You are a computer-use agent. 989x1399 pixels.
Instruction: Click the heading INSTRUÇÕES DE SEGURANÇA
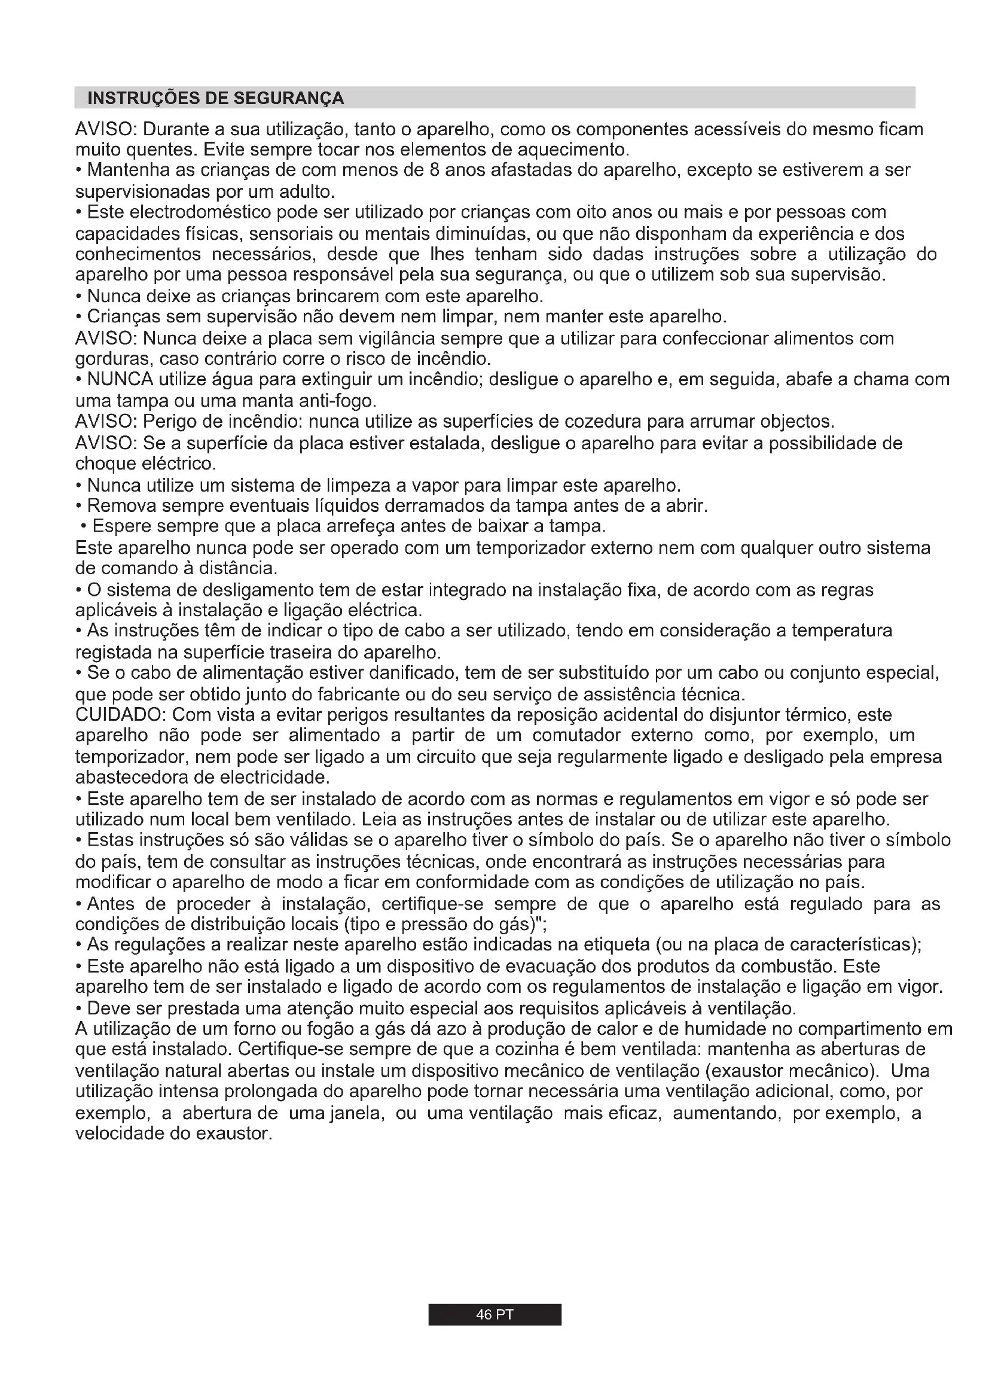point(216,98)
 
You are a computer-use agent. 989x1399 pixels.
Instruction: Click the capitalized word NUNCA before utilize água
point(120,380)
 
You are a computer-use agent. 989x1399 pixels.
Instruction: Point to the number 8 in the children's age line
point(434,170)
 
